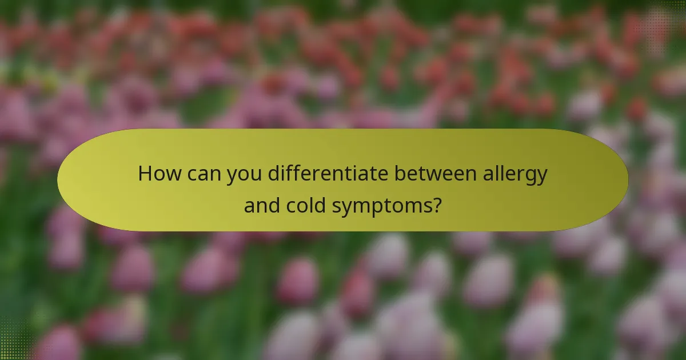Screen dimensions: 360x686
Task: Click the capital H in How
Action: [145, 173]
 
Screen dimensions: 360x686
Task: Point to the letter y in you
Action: [232, 175]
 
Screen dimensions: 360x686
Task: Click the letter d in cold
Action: [324, 204]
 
